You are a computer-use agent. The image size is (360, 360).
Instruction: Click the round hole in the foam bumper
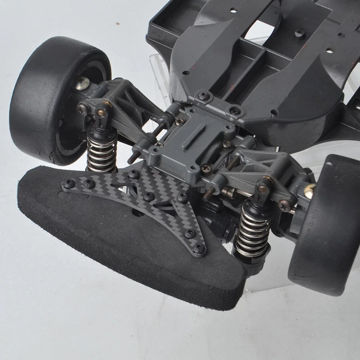138,213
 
